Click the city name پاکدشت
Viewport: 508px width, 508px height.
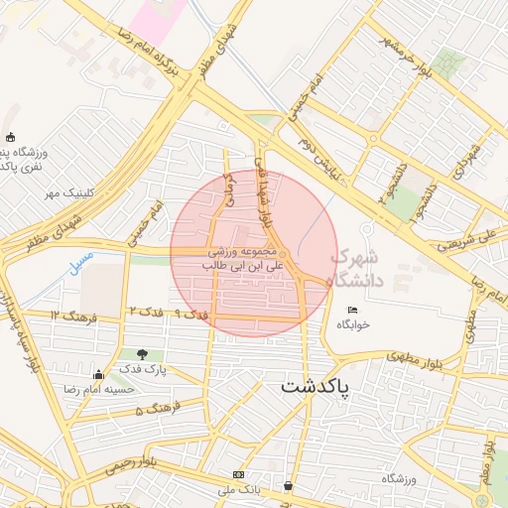click(315, 386)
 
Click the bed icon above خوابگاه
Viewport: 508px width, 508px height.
click(353, 311)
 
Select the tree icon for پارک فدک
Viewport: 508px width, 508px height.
click(145, 354)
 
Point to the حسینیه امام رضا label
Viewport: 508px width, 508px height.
click(98, 389)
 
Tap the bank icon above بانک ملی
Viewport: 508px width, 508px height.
click(237, 474)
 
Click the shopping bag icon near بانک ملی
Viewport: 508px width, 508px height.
click(288, 486)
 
